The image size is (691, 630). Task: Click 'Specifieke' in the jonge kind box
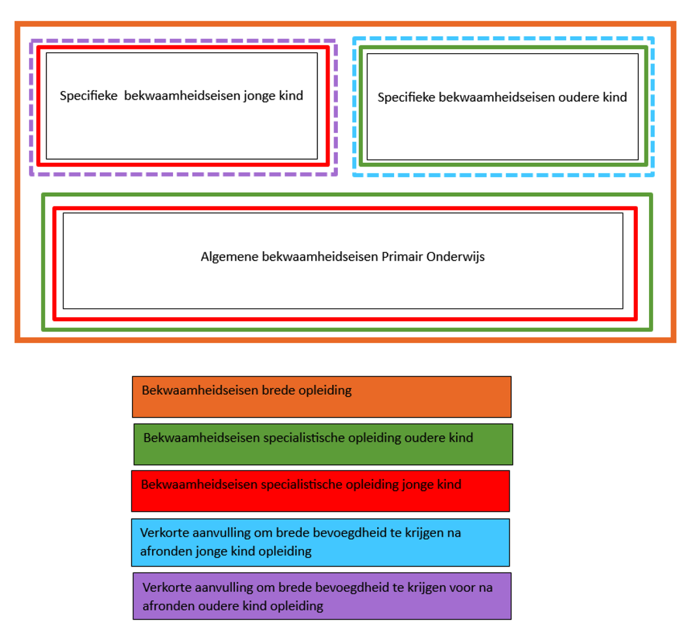click(x=88, y=96)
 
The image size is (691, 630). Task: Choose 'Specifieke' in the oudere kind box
click(x=406, y=97)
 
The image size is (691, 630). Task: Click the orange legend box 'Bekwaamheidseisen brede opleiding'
click(x=321, y=397)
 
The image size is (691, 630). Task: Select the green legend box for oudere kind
click(x=323, y=444)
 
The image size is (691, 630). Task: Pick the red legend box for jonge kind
click(x=320, y=491)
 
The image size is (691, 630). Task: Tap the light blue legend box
click(x=320, y=542)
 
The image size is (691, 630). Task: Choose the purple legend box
click(x=322, y=596)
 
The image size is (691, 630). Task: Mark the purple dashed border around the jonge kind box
click(x=184, y=40)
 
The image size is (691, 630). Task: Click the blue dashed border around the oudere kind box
click(x=503, y=39)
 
